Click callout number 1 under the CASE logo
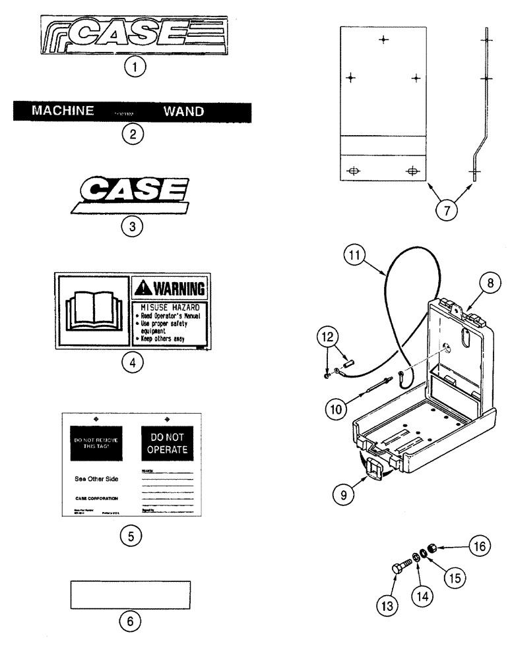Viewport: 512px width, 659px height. pos(132,66)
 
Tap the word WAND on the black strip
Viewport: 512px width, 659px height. pos(183,111)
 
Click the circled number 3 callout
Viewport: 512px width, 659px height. pos(132,226)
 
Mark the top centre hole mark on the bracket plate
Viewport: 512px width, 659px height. pos(384,40)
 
